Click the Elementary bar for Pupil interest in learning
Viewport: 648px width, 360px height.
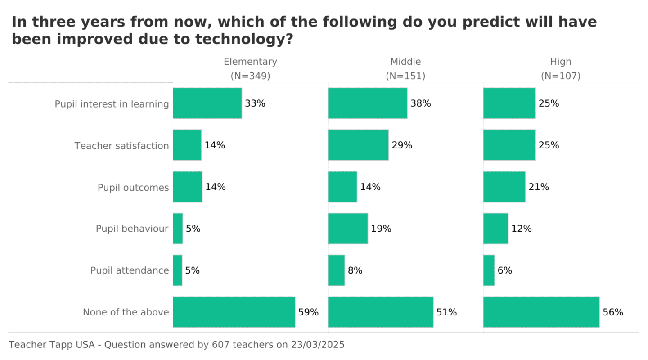pos(207,103)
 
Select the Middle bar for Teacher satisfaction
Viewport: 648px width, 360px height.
pos(359,145)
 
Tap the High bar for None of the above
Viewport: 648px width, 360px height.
pos(541,312)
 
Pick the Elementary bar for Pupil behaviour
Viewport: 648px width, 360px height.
pos(178,229)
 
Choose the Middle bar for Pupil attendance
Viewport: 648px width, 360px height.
pos(337,270)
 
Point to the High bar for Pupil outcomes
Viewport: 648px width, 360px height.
pos(504,187)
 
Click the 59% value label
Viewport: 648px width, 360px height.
pos(308,312)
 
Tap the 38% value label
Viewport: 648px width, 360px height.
pos(421,103)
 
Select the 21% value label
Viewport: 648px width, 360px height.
pos(539,187)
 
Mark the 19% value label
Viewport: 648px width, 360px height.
pos(381,229)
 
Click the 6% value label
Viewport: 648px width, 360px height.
pos(505,270)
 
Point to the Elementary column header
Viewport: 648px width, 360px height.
pos(250,62)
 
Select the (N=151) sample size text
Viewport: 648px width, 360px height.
pos(405,76)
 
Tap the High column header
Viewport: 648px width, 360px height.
pos(561,62)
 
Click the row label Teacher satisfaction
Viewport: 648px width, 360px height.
pos(121,146)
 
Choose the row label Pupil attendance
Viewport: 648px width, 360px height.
pos(130,270)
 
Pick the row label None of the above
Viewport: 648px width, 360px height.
pos(126,312)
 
